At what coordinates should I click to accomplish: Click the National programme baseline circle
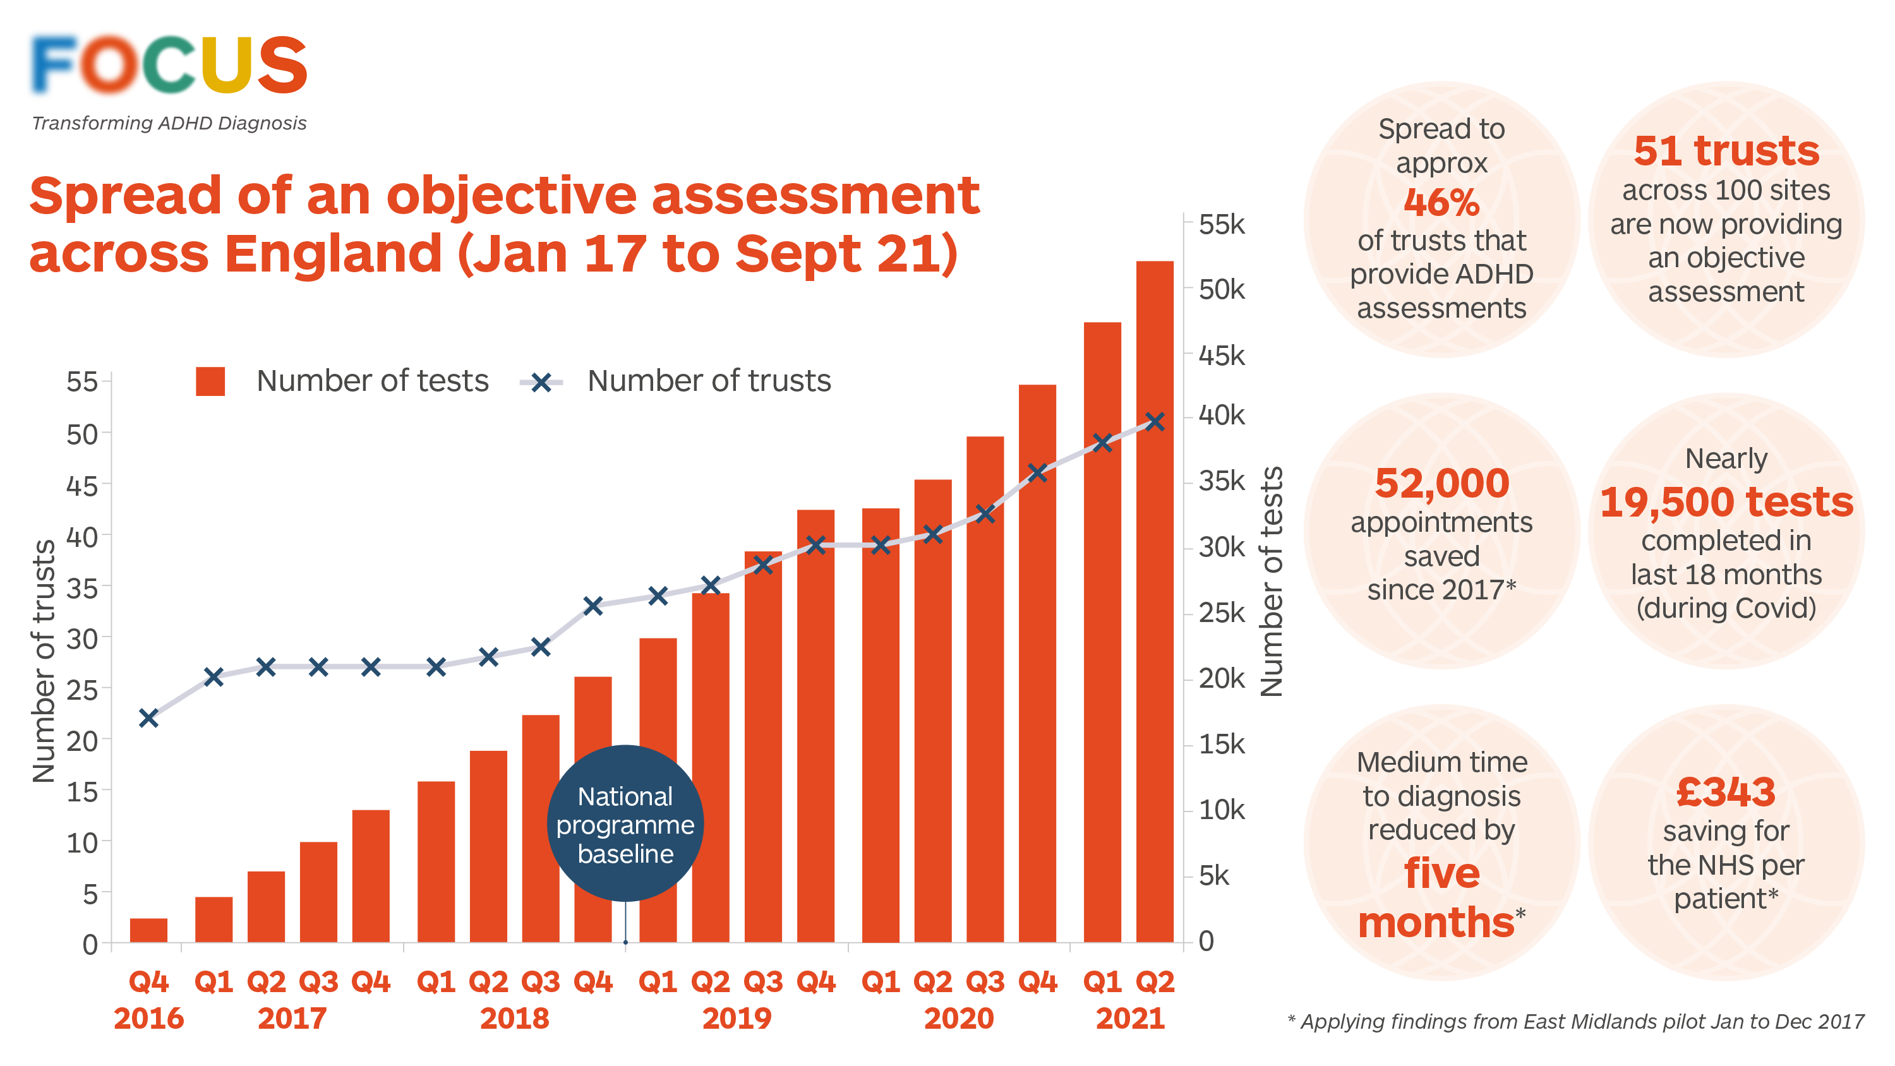(x=625, y=824)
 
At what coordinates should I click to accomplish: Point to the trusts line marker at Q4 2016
(x=148, y=718)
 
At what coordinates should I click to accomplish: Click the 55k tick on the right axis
(x=1221, y=224)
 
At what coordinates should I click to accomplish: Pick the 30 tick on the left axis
(x=82, y=638)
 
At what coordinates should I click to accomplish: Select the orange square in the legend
(x=210, y=381)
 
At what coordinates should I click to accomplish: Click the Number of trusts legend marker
(x=541, y=382)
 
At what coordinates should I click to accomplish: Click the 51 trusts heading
(x=1726, y=151)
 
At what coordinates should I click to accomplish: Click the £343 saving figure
(x=1726, y=793)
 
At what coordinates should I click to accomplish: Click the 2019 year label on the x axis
(x=737, y=1019)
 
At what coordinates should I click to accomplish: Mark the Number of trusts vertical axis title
(x=44, y=661)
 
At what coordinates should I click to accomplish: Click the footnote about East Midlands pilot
(x=1575, y=1022)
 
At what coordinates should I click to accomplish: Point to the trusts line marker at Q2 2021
(x=1155, y=422)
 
